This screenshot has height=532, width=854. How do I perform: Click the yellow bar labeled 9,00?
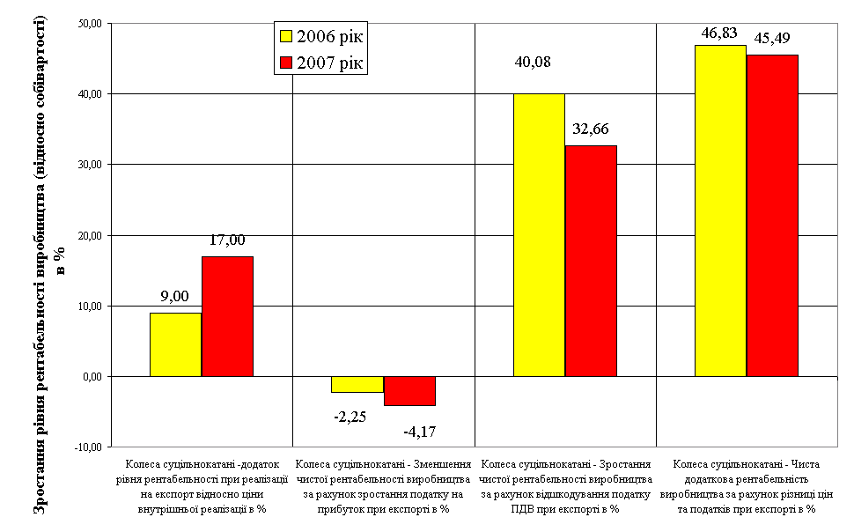175,344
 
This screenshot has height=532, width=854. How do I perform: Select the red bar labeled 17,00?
227,316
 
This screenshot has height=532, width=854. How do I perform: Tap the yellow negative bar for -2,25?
357,384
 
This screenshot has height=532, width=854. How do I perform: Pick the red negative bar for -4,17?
409,391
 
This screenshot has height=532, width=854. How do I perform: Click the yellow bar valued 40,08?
539,235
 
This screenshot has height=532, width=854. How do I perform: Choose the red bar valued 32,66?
591,261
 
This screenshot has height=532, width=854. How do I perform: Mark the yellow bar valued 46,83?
720,211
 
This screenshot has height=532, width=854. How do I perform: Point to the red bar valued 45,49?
772,216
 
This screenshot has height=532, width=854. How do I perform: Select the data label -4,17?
421,432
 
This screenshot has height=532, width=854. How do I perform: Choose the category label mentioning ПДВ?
565,485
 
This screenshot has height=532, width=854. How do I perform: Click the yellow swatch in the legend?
285,36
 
